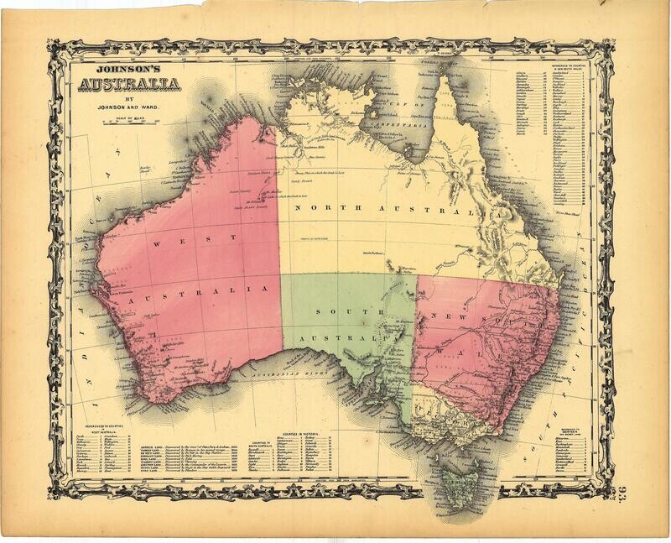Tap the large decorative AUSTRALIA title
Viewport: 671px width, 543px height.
tap(129, 86)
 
